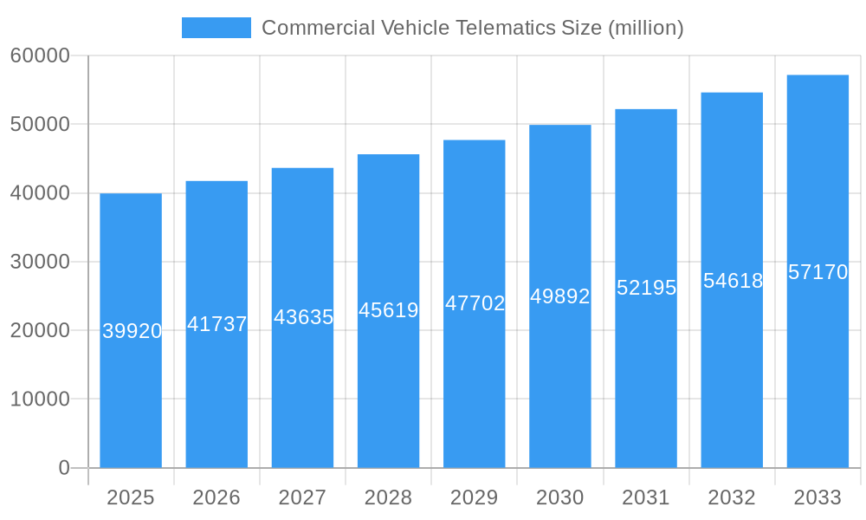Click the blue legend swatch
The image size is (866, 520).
pos(216,28)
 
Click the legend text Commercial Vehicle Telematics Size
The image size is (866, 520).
pos(472,28)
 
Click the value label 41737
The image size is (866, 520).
pos(217,324)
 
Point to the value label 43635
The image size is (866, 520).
pos(303,317)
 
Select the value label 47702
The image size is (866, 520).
pos(475,303)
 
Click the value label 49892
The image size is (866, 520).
pos(560,296)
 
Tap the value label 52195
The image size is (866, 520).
pos(646,288)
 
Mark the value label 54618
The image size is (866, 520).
pos(733,281)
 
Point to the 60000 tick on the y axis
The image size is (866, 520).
pos(40,55)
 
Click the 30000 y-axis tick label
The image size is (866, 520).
pos(40,262)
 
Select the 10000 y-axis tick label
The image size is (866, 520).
pos(40,400)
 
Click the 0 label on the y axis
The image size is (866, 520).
pos(64,468)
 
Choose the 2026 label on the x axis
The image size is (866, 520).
pos(216,497)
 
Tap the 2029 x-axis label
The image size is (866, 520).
pos(475,497)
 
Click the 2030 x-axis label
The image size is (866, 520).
pos(560,497)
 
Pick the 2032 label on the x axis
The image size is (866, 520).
pos(732,497)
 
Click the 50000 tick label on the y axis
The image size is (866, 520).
pos(40,124)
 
